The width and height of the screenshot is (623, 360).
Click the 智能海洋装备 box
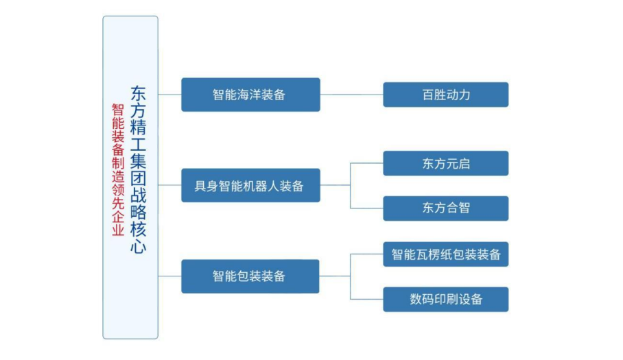click(x=250, y=95)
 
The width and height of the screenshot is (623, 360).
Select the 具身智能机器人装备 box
click(x=250, y=185)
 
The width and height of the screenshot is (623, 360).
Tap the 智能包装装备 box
click(x=250, y=276)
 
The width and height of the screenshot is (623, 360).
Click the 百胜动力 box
click(x=446, y=95)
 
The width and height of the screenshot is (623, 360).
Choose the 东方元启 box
click(x=446, y=163)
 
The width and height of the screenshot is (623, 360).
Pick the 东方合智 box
click(x=446, y=208)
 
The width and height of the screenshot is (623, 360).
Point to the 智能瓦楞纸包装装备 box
click(x=446, y=254)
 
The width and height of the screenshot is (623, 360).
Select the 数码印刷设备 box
click(x=446, y=299)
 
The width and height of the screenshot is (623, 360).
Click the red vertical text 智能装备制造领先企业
click(x=118, y=170)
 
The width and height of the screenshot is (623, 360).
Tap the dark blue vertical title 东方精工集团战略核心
click(x=139, y=169)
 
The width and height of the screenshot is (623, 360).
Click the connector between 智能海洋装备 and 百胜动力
click(x=351, y=95)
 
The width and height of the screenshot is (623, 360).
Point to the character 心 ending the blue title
click(x=139, y=246)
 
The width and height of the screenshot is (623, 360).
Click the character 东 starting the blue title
click(x=139, y=93)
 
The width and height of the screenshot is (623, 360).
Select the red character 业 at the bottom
click(x=118, y=230)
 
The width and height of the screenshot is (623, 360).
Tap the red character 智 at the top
click(x=118, y=110)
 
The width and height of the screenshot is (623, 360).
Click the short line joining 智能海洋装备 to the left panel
click(x=169, y=95)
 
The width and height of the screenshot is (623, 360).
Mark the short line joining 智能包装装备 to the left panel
click(x=169, y=276)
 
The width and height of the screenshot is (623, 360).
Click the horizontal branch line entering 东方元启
click(x=366, y=163)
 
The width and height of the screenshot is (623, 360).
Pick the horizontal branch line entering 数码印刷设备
click(x=366, y=299)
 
